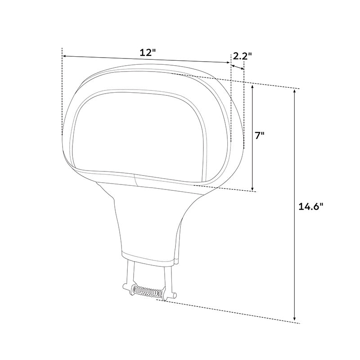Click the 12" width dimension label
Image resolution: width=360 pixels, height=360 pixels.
(147, 52)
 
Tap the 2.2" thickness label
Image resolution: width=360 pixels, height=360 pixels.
(242, 56)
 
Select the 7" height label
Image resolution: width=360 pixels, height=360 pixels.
(260, 136)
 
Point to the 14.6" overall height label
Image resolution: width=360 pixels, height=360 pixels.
(311, 207)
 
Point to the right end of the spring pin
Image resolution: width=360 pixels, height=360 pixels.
(175, 297)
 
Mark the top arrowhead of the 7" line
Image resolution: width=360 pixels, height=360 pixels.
(253, 87)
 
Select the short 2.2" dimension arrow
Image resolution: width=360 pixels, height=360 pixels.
(237, 67)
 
